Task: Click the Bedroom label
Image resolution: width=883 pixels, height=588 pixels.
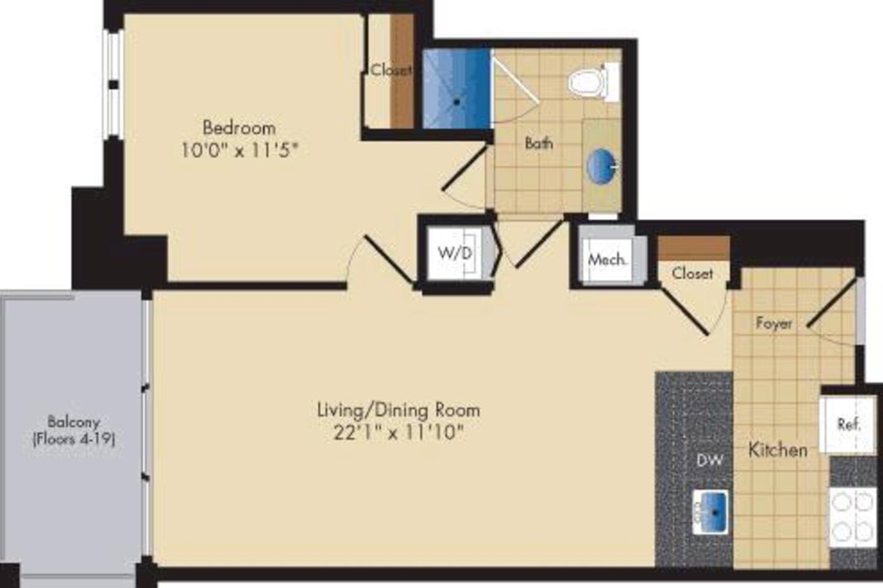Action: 239,129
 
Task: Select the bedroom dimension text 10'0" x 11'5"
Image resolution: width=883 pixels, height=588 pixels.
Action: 239,151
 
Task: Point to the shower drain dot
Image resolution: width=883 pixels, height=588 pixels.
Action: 456,102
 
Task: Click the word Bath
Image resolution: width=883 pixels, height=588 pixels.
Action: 538,143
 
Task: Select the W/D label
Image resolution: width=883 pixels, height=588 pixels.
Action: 455,254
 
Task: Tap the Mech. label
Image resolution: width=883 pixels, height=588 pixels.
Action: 606,260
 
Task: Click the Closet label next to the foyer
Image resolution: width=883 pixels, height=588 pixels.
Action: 692,273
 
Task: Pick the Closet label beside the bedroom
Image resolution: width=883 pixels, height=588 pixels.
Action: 391,70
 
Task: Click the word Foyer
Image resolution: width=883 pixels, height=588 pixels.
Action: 774,323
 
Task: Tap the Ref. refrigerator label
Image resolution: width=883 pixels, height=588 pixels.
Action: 849,424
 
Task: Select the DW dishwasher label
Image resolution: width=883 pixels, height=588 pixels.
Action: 709,461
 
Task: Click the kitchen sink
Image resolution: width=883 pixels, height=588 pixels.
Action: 710,512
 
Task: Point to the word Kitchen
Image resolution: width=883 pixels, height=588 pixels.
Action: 778,450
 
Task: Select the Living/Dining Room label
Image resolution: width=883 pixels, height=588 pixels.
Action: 399,410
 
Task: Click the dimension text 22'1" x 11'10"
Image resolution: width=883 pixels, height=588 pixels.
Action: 398,433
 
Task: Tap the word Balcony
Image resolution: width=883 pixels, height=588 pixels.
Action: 74,423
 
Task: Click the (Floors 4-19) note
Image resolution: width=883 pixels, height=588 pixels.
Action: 74,439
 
